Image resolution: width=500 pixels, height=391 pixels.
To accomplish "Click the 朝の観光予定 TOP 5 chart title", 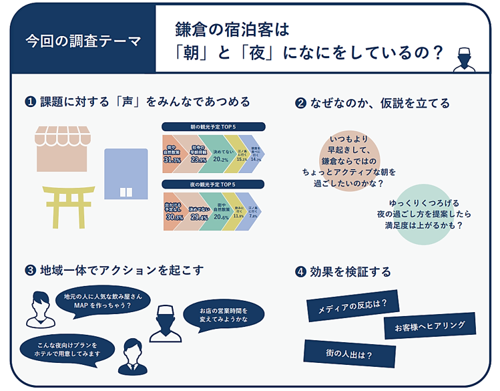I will coord(214,126).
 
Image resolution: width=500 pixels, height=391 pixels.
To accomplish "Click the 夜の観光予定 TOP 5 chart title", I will coord(214,184).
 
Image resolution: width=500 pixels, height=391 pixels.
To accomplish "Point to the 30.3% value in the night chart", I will coord(174,217).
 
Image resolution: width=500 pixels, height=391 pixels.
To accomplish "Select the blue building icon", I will coord(126,173).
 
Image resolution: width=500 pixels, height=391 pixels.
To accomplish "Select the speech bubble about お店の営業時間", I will coord(223,315).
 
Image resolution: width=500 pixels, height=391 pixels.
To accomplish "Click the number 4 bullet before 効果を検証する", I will coord(300,272).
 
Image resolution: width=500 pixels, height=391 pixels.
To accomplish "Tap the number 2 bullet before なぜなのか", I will coord(300,103).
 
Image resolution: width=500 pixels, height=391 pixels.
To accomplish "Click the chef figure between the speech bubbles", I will coord(166,322).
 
